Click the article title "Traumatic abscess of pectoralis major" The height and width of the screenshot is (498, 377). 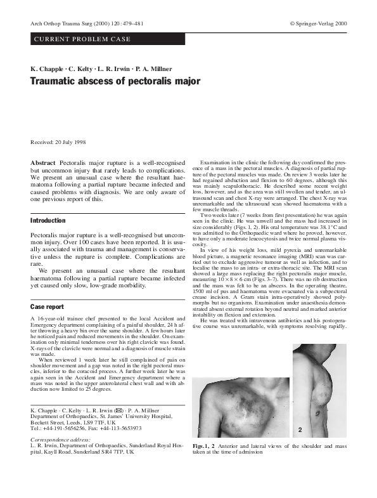point(115,81)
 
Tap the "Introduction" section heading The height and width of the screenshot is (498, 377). point(48,220)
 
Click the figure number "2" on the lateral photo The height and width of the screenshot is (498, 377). point(298,429)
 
